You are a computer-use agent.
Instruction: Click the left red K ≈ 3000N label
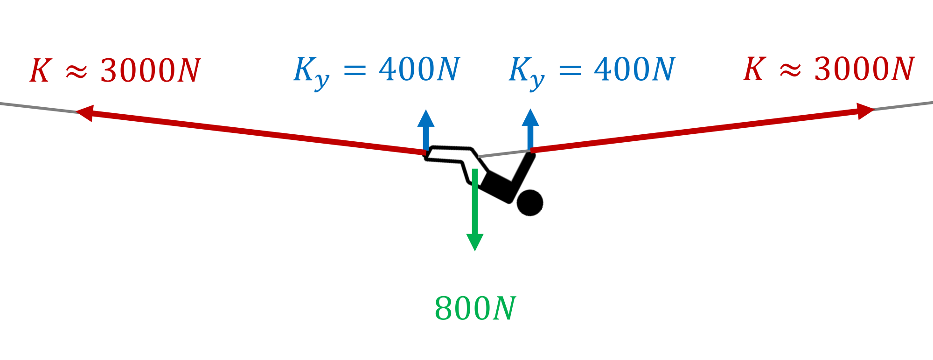click(115, 71)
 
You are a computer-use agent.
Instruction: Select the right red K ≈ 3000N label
click(829, 69)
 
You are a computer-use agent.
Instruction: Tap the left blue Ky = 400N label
click(377, 73)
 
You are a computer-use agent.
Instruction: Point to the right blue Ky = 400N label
click(592, 73)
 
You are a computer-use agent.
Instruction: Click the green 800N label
click(475, 308)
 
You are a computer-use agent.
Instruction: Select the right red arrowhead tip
click(875, 110)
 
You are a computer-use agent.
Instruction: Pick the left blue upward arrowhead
click(426, 118)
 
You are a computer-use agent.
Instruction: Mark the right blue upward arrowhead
click(530, 118)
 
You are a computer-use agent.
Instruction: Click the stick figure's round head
click(530, 203)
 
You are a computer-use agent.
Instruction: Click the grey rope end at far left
click(1, 104)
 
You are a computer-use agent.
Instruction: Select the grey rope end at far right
click(932, 103)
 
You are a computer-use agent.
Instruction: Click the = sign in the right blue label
click(570, 70)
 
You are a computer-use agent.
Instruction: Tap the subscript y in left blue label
click(321, 82)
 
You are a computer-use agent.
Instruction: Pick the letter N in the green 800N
click(504, 309)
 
